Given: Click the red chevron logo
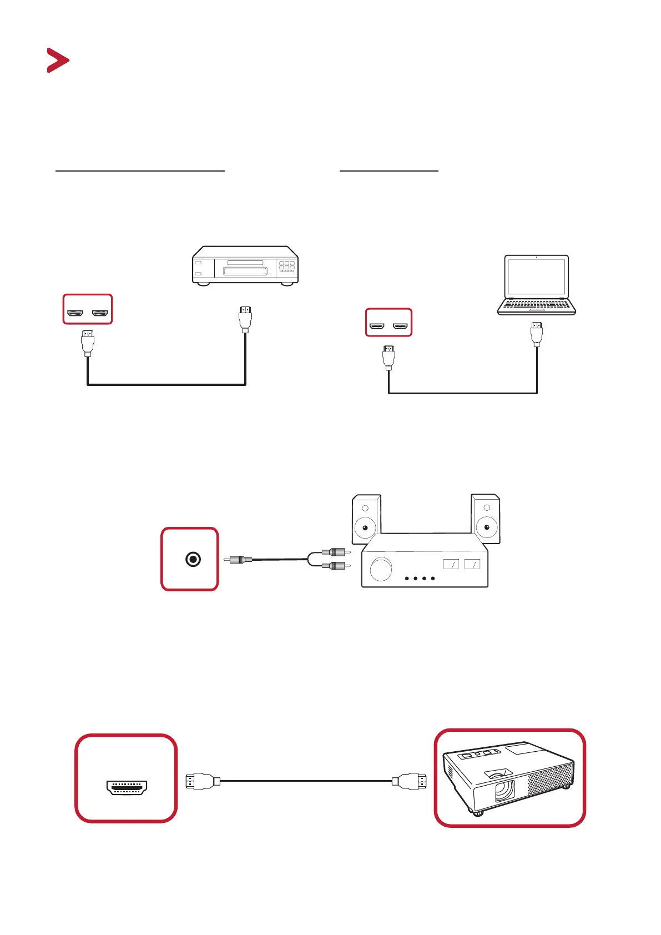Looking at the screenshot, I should (57, 61).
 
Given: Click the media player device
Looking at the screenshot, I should (245, 265).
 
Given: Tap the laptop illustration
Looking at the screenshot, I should (536, 285).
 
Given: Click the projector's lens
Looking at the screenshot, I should (504, 790).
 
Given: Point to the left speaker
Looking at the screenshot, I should (366, 519).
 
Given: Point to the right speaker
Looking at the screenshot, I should (486, 519).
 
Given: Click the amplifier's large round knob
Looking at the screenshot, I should (381, 570).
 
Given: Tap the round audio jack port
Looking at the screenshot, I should (193, 559).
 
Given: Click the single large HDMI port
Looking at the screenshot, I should (126, 787).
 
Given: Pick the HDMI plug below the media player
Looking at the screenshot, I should (245, 319).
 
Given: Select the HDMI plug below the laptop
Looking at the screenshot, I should (537, 334).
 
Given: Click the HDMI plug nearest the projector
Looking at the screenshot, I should (410, 782).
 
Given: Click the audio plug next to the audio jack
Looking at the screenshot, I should (239, 560).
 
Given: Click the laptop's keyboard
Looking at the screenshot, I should (536, 304).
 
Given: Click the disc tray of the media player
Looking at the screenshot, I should (245, 271).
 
